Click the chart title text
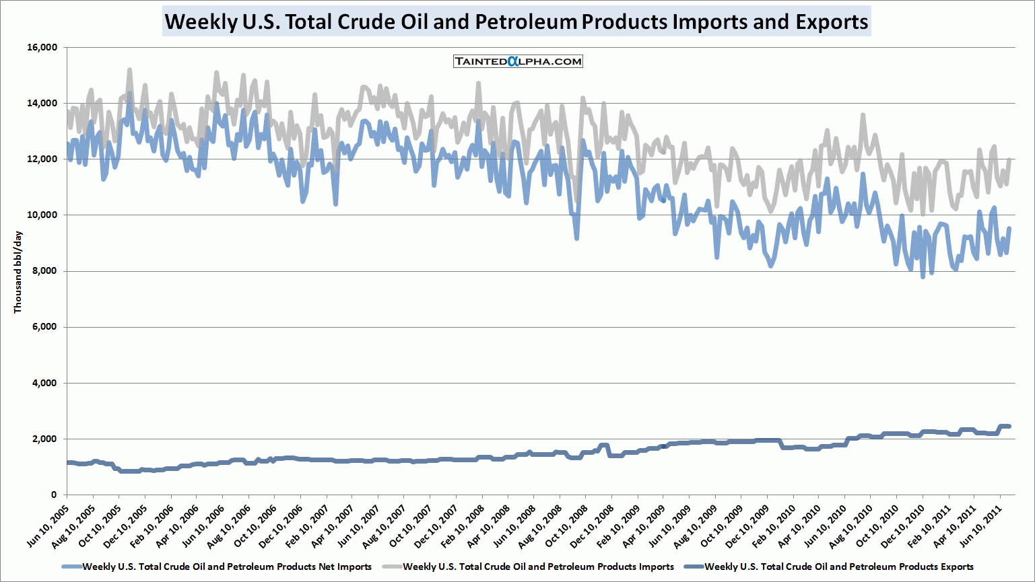[516, 22]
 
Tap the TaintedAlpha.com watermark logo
[518, 61]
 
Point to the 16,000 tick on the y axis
[42, 48]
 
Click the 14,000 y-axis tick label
[42, 104]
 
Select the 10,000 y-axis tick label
[42, 215]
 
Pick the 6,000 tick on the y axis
[44, 327]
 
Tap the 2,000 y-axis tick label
[44, 439]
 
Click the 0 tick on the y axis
[54, 495]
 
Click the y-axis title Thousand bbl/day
[18, 271]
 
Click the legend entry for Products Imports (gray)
[538, 567]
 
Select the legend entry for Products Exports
[838, 567]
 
